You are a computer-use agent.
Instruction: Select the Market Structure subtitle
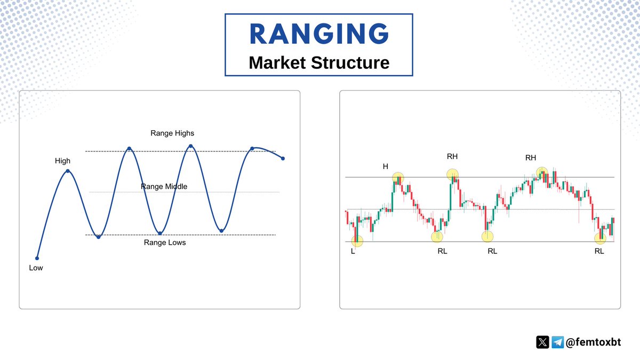319,62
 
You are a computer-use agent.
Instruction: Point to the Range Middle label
164,187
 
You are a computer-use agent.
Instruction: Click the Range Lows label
165,243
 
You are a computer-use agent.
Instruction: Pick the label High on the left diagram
62,161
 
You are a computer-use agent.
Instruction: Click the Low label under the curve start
36,268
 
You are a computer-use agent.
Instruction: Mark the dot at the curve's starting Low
37,258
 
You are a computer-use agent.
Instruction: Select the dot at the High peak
68,171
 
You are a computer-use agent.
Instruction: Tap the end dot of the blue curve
283,158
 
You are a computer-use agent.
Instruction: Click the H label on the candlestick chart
385,167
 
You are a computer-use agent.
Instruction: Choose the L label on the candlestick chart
353,251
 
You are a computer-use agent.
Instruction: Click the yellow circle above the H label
398,178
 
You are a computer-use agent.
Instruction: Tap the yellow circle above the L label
357,241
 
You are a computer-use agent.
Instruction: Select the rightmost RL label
599,251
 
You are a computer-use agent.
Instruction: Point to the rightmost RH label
531,157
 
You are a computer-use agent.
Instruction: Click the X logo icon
542,342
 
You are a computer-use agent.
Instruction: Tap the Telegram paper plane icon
558,342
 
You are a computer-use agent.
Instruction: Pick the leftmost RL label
442,251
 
